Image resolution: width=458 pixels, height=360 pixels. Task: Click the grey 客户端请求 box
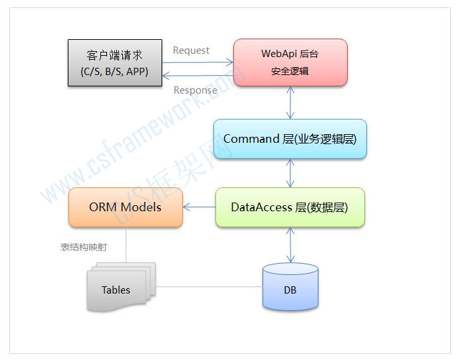click(115, 63)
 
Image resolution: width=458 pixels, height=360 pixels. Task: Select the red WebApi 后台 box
click(290, 62)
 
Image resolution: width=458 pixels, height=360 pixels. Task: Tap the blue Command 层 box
click(290, 139)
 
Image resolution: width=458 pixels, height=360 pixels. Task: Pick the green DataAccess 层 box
click(290, 207)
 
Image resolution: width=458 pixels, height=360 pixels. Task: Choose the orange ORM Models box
click(125, 207)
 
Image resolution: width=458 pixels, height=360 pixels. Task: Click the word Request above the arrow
click(191, 50)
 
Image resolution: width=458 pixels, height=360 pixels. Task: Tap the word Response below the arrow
click(195, 90)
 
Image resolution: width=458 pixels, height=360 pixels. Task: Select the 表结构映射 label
click(84, 247)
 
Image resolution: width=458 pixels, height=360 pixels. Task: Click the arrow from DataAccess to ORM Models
click(199, 207)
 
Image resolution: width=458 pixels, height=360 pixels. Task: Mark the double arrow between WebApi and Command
click(290, 103)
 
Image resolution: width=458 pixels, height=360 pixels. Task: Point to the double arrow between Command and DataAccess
click(290, 173)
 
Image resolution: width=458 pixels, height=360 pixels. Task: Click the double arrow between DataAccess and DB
click(290, 244)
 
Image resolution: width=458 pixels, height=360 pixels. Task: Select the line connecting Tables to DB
click(209, 287)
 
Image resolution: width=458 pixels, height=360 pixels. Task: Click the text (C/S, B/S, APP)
click(115, 71)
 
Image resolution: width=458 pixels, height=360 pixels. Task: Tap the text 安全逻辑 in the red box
click(290, 70)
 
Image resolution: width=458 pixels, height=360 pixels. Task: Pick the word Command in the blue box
click(251, 139)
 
